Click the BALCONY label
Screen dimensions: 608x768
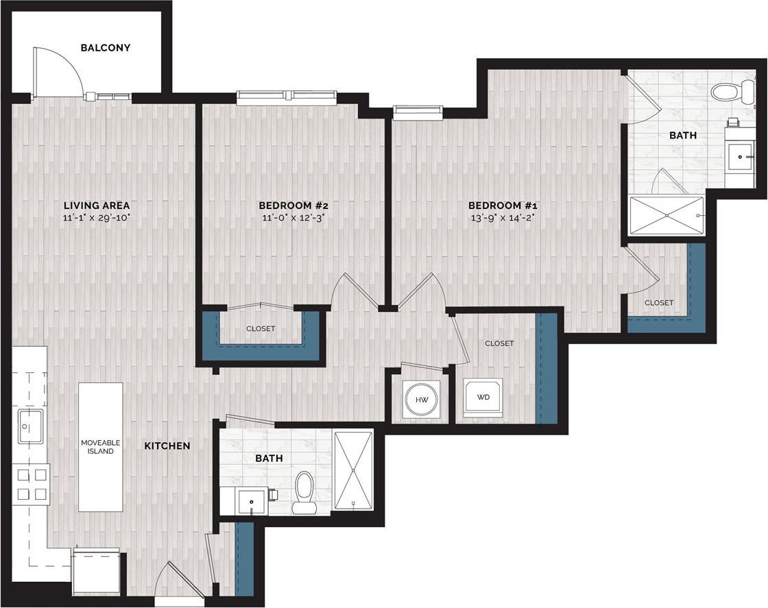coord(105,48)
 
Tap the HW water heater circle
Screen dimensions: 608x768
coord(422,398)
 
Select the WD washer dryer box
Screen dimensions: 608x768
coord(483,397)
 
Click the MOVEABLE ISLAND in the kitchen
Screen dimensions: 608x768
coord(100,446)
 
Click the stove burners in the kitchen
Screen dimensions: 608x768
coord(31,483)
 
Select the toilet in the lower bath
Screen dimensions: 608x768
coord(303,492)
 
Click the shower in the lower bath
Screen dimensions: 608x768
coord(353,470)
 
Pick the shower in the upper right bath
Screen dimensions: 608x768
coord(667,216)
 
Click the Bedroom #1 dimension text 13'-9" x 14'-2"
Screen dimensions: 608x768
coord(502,219)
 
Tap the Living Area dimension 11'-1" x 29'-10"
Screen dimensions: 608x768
coord(97,219)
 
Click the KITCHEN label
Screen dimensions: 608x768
coord(167,446)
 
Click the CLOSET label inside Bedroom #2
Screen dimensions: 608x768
coord(261,329)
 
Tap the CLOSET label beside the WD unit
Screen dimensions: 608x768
coord(499,343)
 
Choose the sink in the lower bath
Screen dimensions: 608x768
coord(251,502)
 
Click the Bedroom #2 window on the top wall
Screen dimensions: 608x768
coord(287,97)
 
